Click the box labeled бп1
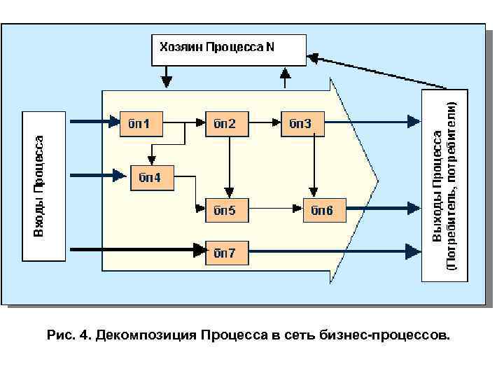point(142,124)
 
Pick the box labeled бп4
point(152,178)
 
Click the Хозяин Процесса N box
point(229,48)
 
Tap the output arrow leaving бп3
point(371,123)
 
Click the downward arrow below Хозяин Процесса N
point(166,76)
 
